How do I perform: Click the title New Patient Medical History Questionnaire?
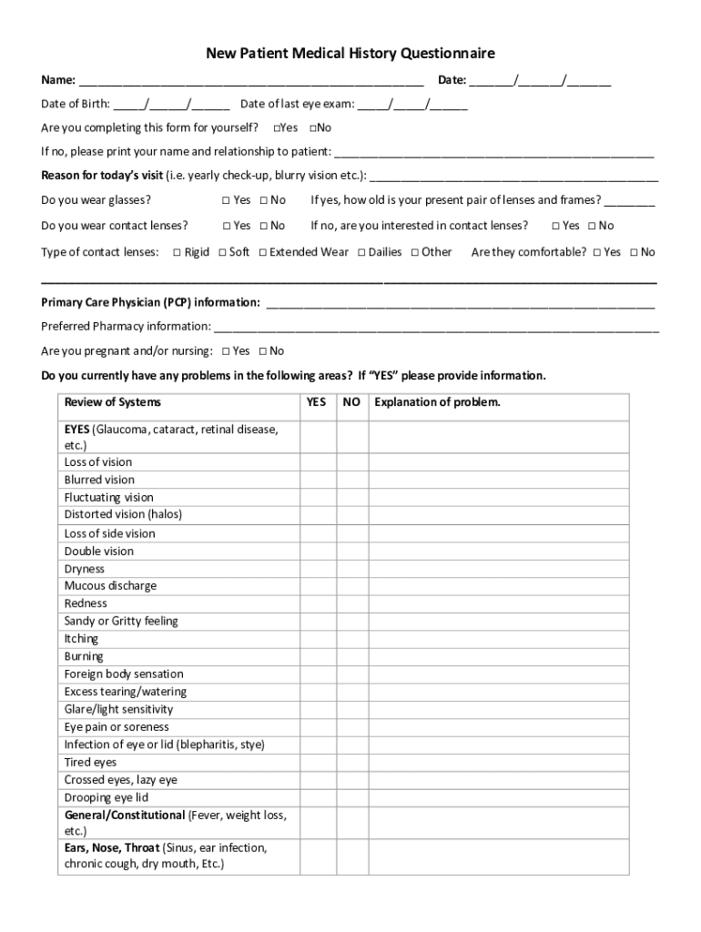pos(350,54)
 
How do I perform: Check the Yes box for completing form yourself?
pos(277,127)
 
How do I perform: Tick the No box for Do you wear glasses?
pos(263,200)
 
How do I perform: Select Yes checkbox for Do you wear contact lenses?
pos(227,226)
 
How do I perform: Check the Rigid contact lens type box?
pos(177,252)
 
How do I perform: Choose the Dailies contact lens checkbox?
pos(361,252)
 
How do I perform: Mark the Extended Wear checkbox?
pos(262,252)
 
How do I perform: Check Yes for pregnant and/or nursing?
pos(226,351)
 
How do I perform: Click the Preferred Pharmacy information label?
pos(126,326)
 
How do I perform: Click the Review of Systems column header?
pos(112,402)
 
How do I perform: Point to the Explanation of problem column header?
pos(437,402)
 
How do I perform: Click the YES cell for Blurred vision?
pos(319,480)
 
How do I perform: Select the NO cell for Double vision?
pos(352,551)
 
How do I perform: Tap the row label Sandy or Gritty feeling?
pos(121,621)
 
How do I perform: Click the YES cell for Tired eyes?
pos(319,762)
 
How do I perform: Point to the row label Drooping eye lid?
pos(106,797)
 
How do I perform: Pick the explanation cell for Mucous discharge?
pos(498,586)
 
